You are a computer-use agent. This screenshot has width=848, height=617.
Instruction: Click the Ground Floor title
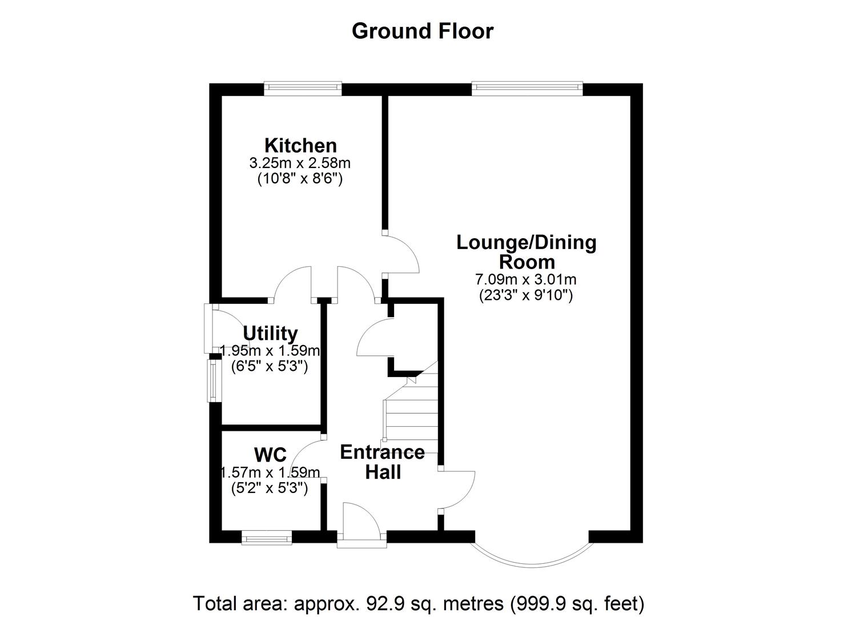tap(422, 31)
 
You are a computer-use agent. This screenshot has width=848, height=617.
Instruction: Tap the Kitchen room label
tap(300, 145)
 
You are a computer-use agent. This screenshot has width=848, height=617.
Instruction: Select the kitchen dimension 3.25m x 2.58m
tap(300, 163)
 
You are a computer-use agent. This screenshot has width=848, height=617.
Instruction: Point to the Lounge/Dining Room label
tap(527, 252)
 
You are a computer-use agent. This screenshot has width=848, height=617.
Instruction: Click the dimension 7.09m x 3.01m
tap(525, 279)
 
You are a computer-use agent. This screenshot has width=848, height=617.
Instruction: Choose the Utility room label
tap(270, 333)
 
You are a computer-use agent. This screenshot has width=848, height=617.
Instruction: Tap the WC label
tap(270, 455)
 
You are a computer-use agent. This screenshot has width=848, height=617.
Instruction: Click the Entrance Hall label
tap(382, 462)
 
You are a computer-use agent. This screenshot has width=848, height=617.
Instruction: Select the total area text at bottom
tap(419, 603)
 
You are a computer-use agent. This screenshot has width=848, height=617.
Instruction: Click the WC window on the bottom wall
tap(266, 538)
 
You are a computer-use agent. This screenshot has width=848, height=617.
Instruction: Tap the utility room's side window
tap(212, 380)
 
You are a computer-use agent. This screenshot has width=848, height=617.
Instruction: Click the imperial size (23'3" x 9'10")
tap(525, 295)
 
